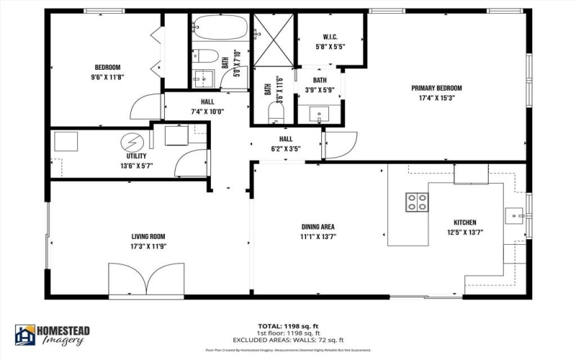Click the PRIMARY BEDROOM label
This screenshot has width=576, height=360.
point(436,88)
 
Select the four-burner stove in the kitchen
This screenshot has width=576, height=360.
point(416,202)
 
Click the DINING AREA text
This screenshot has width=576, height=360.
point(318,227)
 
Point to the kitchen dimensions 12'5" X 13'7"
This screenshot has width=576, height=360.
point(464,232)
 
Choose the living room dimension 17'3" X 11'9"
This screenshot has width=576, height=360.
point(148,246)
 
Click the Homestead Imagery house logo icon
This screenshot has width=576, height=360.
point(25,335)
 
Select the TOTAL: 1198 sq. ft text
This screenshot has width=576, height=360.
point(288,325)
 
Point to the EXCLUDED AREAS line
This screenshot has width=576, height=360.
point(288,340)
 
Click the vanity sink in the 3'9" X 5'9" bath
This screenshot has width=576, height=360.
point(319,113)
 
